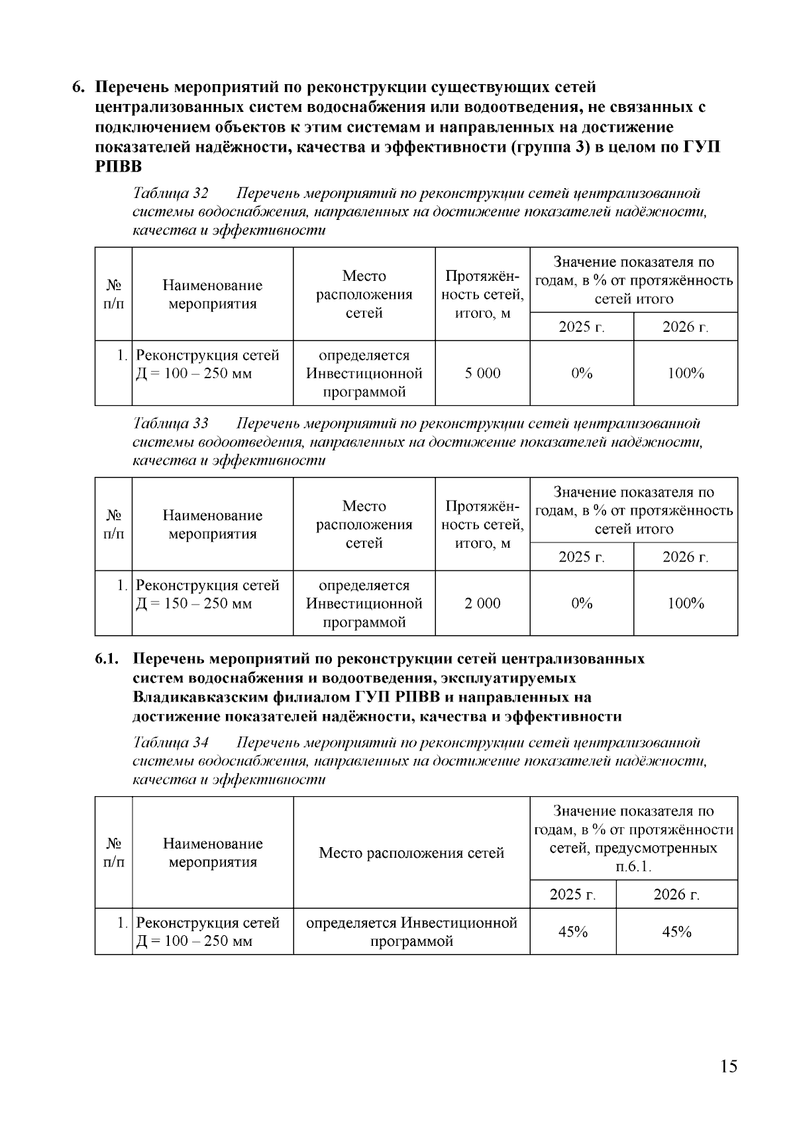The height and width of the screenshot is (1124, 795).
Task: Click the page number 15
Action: [728, 1067]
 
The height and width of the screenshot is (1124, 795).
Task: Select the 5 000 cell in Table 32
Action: [482, 374]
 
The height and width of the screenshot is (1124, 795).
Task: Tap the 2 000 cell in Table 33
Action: [482, 603]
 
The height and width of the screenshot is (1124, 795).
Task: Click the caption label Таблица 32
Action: [171, 193]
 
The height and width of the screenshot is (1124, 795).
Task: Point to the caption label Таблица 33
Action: [171, 423]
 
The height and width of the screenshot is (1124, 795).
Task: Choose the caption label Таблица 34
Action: [171, 742]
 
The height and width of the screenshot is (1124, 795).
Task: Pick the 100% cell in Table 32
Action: [685, 374]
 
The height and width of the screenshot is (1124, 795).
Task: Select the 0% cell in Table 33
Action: [582, 603]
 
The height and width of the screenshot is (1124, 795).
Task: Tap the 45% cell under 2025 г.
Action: [573, 932]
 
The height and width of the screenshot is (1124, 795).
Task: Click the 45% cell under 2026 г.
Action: [676, 932]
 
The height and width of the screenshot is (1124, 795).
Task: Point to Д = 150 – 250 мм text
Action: [194, 604]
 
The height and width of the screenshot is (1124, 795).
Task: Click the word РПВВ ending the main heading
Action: [118, 166]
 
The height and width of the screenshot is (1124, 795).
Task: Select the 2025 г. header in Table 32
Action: [582, 327]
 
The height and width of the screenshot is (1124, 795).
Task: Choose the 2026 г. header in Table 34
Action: [676, 895]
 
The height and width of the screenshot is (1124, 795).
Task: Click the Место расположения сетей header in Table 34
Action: [411, 853]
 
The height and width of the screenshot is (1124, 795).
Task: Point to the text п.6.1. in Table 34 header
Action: [633, 867]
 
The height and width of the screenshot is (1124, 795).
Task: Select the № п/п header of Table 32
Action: [114, 295]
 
